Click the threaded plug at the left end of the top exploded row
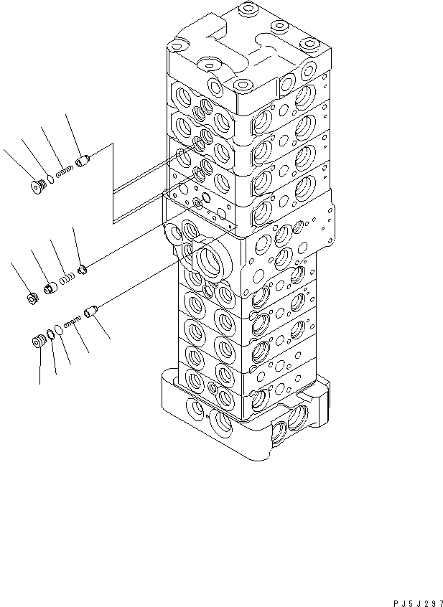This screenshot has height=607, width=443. (x=39, y=187)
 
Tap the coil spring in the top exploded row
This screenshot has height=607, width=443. (x=65, y=170)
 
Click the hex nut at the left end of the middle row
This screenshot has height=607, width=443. (x=32, y=296)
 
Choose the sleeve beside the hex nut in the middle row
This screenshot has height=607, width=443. (x=51, y=288)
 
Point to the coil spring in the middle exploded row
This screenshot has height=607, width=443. (x=66, y=278)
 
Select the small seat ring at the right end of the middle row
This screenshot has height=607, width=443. (x=83, y=270)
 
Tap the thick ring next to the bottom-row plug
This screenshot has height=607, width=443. (x=50, y=334)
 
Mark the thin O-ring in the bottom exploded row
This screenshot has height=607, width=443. (x=59, y=330)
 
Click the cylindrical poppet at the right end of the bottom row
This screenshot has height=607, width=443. (x=90, y=312)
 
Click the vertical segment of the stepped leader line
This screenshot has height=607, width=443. (x=113, y=183)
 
